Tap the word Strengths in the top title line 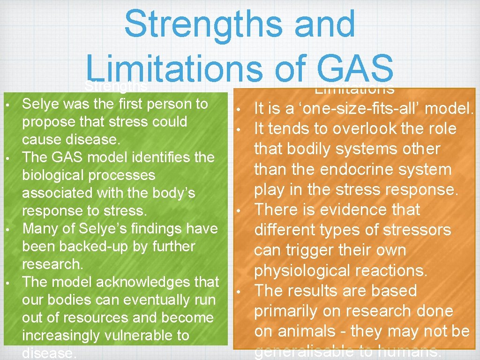[x=240, y=24]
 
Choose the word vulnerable [x=140, y=336]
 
